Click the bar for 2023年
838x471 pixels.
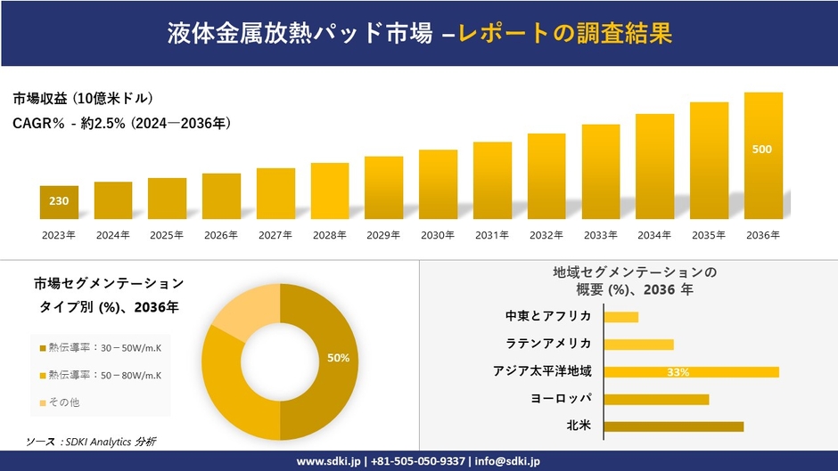[59, 203]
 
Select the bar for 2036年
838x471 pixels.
[763, 156]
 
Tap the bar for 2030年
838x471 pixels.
[438, 184]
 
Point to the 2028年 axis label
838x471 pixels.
[330, 235]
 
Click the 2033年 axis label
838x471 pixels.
[601, 235]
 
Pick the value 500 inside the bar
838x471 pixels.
[762, 150]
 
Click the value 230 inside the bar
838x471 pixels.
[59, 201]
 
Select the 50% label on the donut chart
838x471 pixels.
[338, 358]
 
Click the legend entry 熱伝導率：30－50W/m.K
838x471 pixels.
[100, 348]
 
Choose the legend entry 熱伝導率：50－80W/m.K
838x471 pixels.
[100, 375]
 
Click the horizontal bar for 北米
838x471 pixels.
[673, 426]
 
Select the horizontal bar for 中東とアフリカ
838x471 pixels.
[621, 317]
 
